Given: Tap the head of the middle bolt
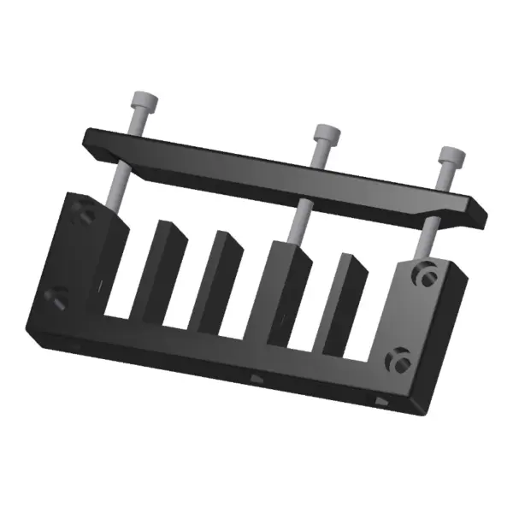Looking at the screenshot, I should coord(324,135).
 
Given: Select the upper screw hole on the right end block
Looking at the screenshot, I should coord(425,274).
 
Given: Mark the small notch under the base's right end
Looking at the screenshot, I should coord(381,400).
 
